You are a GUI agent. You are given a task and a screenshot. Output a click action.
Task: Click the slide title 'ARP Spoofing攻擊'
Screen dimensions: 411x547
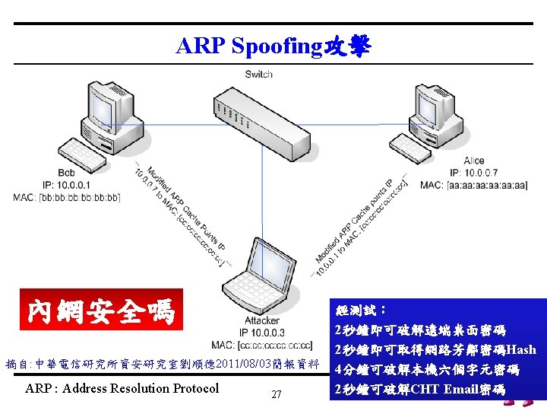click(273, 47)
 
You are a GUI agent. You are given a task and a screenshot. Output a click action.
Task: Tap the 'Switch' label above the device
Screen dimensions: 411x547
click(259, 74)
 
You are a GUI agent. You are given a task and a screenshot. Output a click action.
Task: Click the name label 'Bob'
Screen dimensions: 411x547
click(67, 174)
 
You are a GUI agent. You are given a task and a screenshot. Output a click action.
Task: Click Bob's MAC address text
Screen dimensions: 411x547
click(67, 197)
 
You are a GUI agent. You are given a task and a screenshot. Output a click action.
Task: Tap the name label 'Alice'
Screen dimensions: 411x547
click(473, 161)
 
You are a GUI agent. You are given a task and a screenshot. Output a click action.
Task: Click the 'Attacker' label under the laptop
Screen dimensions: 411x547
click(261, 320)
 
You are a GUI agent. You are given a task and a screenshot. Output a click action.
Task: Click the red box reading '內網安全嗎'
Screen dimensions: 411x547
click(101, 311)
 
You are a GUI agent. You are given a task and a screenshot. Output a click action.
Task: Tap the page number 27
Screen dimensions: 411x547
click(277, 394)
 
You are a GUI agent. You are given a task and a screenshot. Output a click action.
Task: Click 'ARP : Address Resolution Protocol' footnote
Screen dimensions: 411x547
click(122, 389)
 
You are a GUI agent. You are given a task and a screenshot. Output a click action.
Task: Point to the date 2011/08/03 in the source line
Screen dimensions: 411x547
click(242, 364)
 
